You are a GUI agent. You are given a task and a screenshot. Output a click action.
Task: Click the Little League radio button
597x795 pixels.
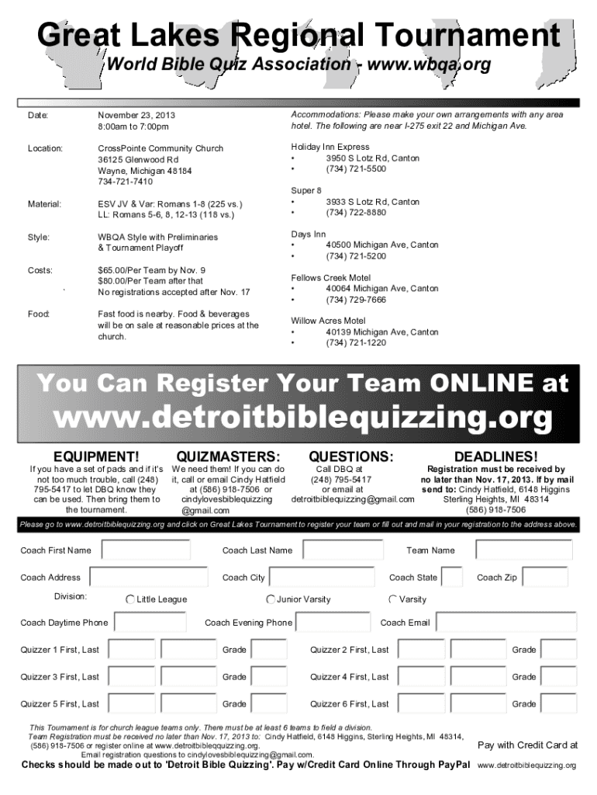click(x=130, y=599)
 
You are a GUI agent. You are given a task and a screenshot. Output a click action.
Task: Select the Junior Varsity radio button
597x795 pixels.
click(x=271, y=599)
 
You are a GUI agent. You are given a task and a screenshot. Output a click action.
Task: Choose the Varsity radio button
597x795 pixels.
click(x=393, y=599)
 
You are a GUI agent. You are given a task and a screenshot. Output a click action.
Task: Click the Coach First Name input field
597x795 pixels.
click(x=146, y=550)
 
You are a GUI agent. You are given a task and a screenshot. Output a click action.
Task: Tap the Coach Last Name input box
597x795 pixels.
click(x=343, y=550)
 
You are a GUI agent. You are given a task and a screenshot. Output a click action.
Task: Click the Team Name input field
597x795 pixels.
click(x=523, y=550)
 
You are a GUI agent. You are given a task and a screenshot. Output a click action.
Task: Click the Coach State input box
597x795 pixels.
click(x=452, y=578)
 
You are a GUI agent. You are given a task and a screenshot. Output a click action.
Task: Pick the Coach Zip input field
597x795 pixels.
click(x=545, y=578)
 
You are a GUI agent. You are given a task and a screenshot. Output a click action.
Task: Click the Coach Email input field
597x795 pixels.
click(x=505, y=623)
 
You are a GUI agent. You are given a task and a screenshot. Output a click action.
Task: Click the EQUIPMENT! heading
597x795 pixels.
click(x=95, y=457)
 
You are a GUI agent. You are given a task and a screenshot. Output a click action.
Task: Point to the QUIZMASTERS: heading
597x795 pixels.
click(x=228, y=457)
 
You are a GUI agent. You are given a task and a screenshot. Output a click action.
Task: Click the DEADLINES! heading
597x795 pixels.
click(x=496, y=457)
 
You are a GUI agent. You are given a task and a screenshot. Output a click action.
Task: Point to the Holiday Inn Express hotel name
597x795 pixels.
click(x=330, y=147)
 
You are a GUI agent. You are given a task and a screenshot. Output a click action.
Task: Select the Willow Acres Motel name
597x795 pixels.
click(x=328, y=321)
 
